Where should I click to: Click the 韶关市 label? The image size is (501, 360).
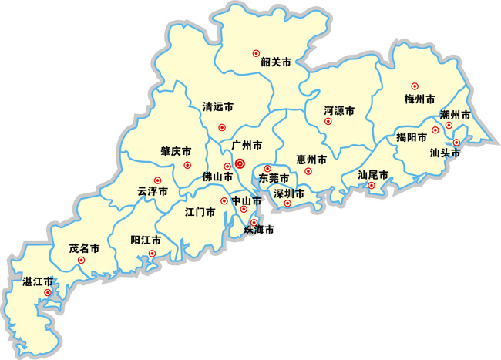275,62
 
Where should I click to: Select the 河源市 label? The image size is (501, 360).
339,111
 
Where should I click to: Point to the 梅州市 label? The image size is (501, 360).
419,99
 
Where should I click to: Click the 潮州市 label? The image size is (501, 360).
455,115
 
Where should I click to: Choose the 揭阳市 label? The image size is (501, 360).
411,137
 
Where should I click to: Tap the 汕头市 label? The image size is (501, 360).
445,153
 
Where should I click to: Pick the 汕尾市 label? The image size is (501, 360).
374,174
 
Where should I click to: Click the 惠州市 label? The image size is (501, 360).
311,160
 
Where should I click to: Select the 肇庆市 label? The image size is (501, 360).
176,151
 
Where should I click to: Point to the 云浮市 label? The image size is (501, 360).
152,190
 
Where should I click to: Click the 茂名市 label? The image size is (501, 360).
84,249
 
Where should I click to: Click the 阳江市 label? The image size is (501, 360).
146,241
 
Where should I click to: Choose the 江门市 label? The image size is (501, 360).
200,210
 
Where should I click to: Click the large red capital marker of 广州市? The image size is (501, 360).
240,163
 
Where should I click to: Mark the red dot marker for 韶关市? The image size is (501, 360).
257,53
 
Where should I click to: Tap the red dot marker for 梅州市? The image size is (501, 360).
414,86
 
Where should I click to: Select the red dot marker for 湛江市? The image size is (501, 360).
48,292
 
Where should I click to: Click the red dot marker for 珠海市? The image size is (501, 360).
254,223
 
